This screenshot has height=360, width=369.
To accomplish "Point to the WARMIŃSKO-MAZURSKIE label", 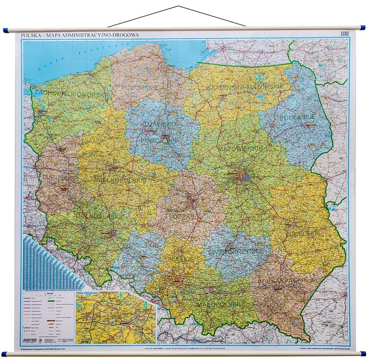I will point(243,87).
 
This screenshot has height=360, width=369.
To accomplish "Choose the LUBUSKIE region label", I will point(53,178).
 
